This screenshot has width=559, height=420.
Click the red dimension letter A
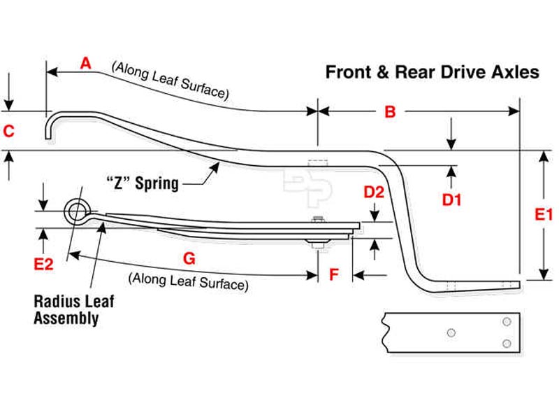[86, 64]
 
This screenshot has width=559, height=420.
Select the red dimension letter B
[391, 112]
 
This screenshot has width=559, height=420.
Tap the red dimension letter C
[8, 131]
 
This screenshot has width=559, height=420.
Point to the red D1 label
[452, 199]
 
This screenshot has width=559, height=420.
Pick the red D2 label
[375, 192]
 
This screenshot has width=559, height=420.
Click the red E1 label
[544, 215]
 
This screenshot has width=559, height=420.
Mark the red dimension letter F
[334, 275]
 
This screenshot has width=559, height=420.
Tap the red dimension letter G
[189, 258]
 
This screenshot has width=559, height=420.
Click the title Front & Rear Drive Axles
[432, 72]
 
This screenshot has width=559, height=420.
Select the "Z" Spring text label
[143, 184]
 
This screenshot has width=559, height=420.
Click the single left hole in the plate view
[451, 332]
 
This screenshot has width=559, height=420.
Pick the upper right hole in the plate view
[506, 321]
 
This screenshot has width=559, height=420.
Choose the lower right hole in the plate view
[506, 342]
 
